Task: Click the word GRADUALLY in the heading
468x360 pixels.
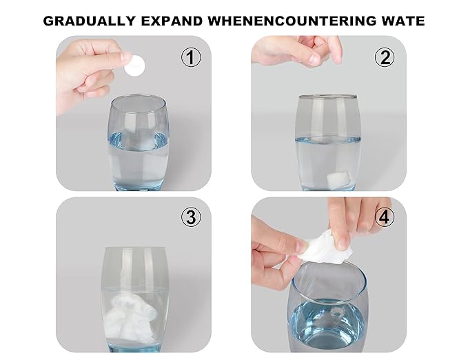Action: point(89,21)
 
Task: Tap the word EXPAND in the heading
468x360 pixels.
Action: point(172,21)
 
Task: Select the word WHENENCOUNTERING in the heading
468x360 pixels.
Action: point(292,21)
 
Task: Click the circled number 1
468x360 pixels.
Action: point(192,58)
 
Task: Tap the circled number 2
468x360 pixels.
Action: point(385,58)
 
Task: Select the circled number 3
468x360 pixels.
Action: point(192,217)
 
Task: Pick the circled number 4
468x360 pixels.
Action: point(385,217)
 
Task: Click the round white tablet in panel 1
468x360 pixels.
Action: point(135,66)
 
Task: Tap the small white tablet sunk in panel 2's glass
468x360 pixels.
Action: point(338,179)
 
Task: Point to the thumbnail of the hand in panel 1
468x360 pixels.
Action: point(126,57)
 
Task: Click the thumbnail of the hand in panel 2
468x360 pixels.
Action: point(314,59)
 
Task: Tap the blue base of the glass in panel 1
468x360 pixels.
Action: point(139,186)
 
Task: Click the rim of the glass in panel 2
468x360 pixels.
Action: point(327,97)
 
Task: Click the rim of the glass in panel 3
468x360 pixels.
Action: point(135,248)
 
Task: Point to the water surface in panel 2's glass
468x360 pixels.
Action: point(328,139)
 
